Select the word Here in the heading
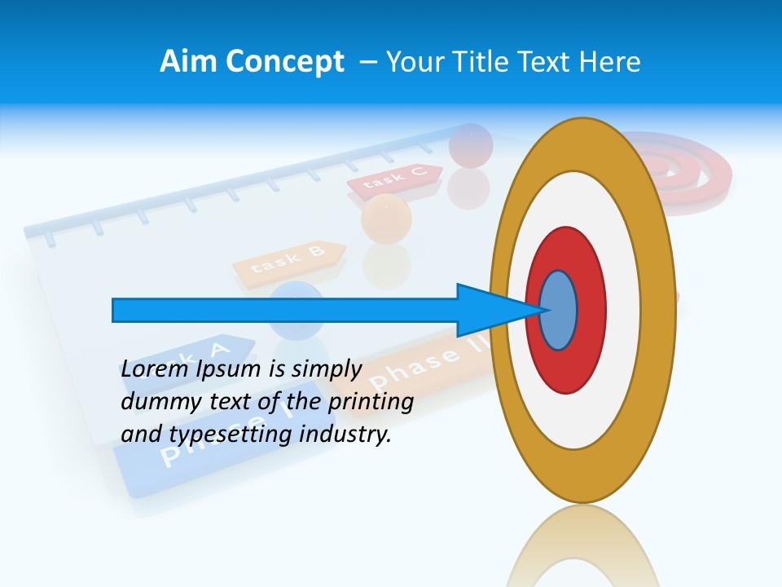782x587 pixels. point(611,61)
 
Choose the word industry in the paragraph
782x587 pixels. point(345,435)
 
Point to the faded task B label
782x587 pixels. point(289,261)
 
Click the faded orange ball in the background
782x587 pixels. point(386,217)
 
